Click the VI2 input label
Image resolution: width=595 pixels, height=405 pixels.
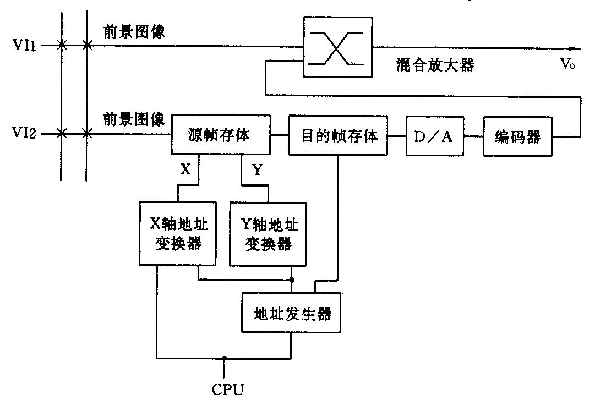click(x=25, y=133)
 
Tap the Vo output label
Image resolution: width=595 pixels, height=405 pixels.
click(x=568, y=65)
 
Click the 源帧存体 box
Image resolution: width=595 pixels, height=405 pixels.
click(x=222, y=135)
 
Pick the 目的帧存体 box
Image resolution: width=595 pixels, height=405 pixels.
click(x=339, y=136)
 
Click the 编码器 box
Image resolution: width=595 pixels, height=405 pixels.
click(x=518, y=136)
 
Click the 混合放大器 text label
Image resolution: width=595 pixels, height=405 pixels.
click(x=435, y=65)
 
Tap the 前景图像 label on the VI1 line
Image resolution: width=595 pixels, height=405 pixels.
click(x=134, y=32)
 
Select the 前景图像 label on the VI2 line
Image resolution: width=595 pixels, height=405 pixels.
click(x=134, y=118)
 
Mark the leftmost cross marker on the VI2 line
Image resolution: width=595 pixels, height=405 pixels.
click(x=62, y=133)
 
